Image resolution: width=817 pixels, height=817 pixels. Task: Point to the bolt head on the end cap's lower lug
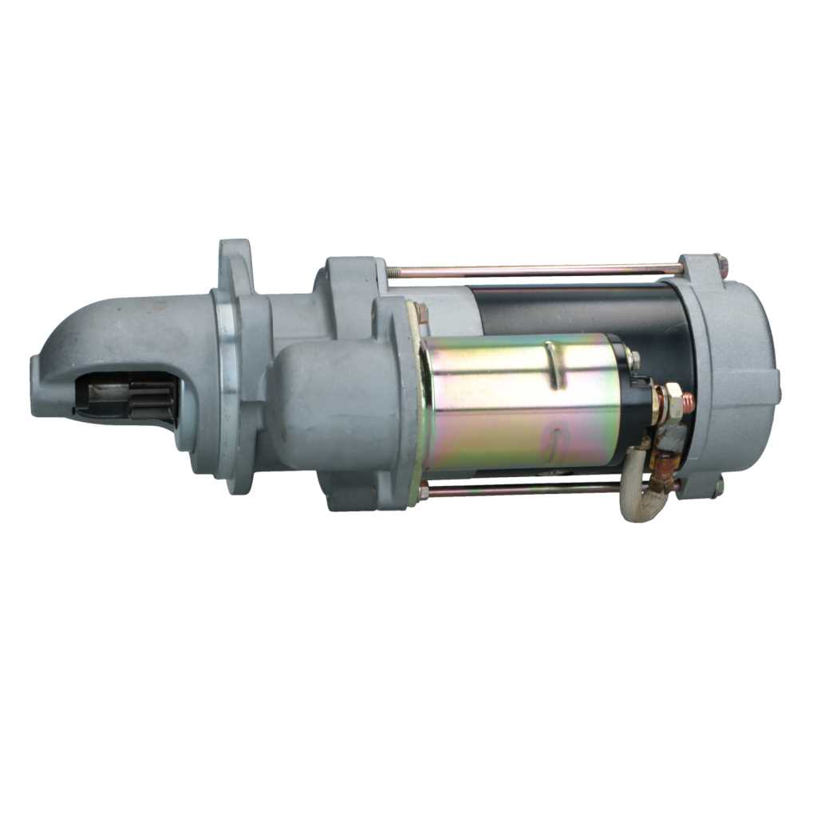point(718,485)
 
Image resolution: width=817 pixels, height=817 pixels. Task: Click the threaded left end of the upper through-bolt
point(394,272)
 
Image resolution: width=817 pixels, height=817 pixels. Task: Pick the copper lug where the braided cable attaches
point(661,460)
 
